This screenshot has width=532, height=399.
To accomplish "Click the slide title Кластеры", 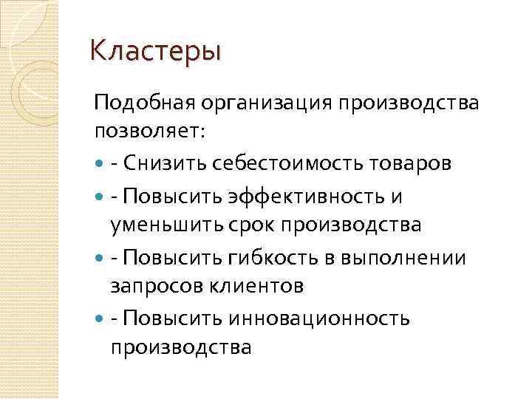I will coord(154,52).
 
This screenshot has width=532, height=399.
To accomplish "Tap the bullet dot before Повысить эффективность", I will coord(100,195).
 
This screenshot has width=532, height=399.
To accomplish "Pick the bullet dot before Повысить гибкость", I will coord(100,257).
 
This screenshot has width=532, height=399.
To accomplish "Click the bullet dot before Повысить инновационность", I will coord(100,318).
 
